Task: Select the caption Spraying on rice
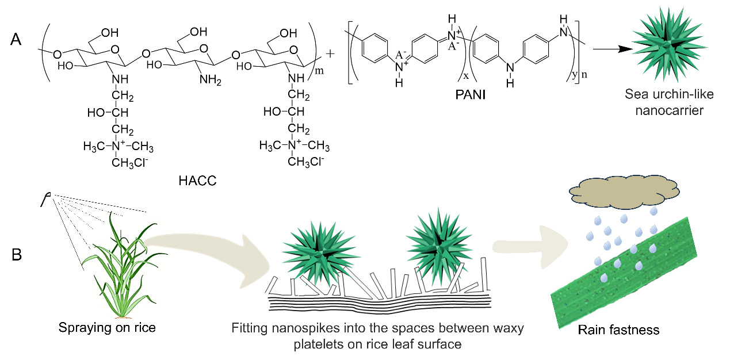pyautogui.click(x=107, y=328)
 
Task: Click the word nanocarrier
pyautogui.click(x=669, y=110)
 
